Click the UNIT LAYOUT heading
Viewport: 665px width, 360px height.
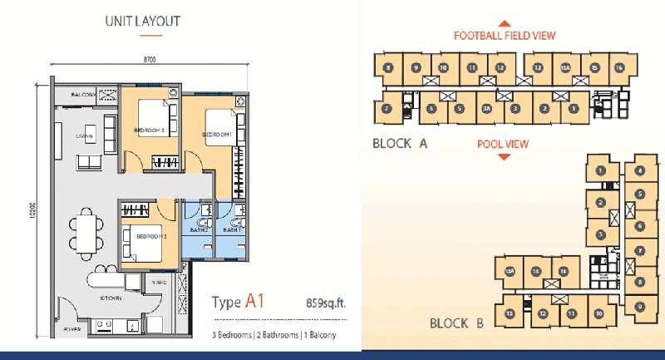[x=142, y=22]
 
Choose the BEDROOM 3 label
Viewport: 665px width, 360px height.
[x=152, y=237]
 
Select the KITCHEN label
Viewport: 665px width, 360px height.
[x=111, y=297]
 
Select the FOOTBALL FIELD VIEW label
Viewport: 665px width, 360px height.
[x=504, y=36]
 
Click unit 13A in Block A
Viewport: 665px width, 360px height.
[x=567, y=67]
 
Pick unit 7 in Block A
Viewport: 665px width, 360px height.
[x=387, y=107]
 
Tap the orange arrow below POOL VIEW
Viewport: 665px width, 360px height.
[x=503, y=155]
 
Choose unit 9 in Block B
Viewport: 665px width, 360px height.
[x=639, y=307]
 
